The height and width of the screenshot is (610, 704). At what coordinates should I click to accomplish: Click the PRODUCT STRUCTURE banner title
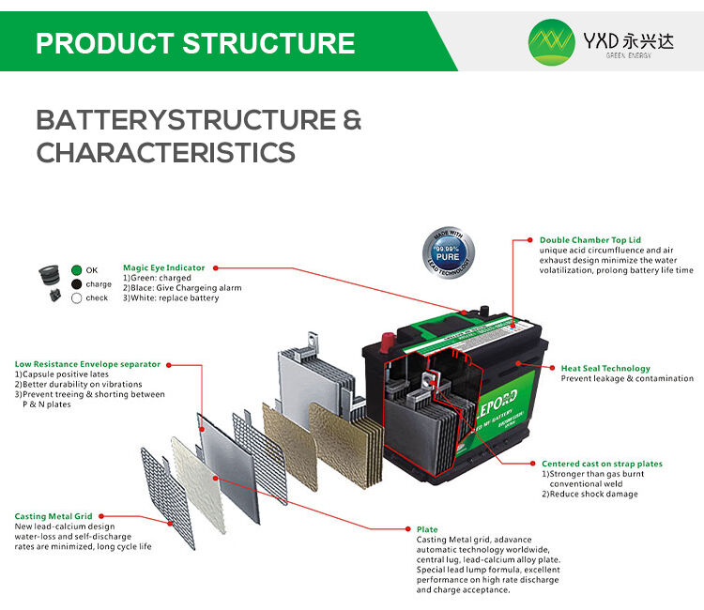click(195, 43)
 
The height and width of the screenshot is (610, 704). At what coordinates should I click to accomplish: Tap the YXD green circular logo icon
click(551, 42)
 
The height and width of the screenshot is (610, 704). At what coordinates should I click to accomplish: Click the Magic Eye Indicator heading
click(163, 267)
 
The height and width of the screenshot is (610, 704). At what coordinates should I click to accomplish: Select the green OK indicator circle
click(77, 270)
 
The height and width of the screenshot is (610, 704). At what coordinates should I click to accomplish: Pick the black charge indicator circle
click(77, 284)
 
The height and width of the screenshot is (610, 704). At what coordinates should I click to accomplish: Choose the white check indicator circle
click(77, 298)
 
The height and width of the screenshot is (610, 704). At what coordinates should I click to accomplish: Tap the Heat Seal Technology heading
click(605, 369)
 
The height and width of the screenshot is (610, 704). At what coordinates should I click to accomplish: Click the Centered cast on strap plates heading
click(602, 464)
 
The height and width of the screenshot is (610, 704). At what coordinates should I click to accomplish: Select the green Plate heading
click(427, 529)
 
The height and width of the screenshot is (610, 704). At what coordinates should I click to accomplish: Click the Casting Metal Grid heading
click(53, 516)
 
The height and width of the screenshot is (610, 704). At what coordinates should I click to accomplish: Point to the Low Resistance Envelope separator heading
click(87, 364)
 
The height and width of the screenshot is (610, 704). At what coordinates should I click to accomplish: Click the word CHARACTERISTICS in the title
click(165, 152)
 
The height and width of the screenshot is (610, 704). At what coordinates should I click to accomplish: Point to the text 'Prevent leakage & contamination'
click(627, 379)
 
